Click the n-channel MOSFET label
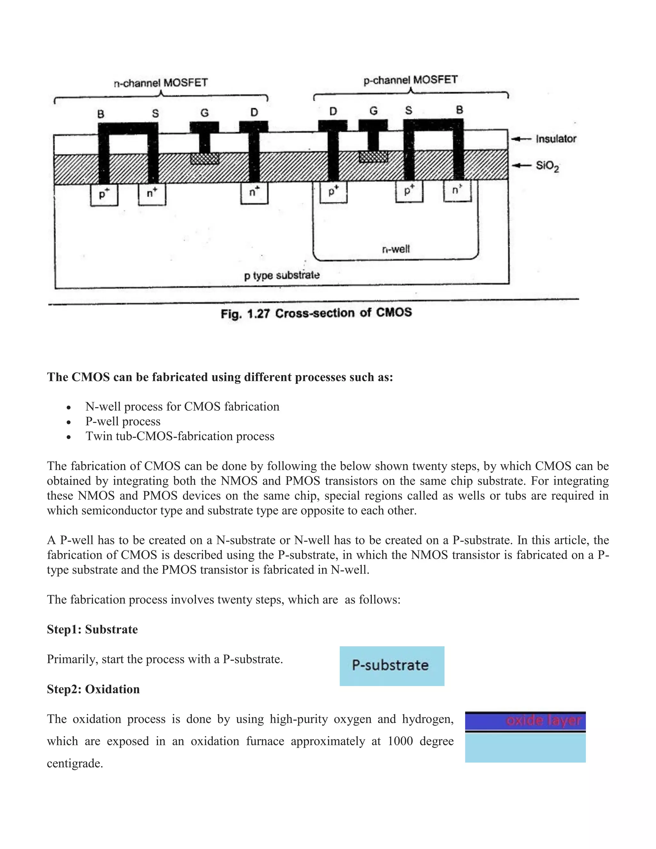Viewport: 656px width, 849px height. coord(160,83)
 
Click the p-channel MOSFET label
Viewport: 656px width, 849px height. coord(410,80)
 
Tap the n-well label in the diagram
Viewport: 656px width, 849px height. coord(396,249)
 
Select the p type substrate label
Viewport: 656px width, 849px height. coord(282,276)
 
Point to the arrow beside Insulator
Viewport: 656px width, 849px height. coord(521,139)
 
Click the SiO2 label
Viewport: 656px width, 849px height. coord(547,166)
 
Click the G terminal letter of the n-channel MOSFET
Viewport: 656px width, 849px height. coord(204,113)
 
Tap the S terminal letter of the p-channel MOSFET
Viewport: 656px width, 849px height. coord(408,111)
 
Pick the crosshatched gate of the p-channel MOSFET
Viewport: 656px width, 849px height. coord(373,157)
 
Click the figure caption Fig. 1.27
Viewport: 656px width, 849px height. coord(316,313)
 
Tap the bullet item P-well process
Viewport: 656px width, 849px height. coord(123,421)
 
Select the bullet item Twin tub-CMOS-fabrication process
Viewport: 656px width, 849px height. coord(180,436)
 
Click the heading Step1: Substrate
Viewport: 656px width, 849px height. coord(92,629)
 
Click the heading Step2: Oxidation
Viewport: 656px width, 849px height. coord(93,689)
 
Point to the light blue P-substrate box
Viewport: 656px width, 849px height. coord(392,666)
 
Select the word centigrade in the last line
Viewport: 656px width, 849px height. coord(75,763)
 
